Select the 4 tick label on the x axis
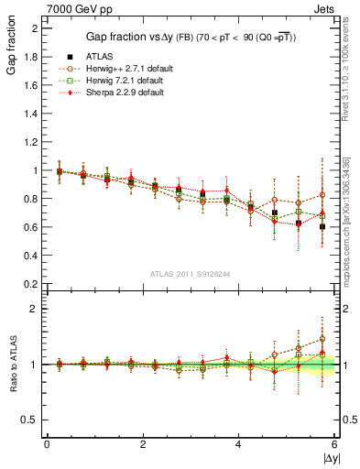238,445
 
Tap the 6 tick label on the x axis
334,445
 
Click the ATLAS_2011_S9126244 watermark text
191,273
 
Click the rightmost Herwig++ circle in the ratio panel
322,339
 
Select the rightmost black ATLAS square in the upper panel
322,226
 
